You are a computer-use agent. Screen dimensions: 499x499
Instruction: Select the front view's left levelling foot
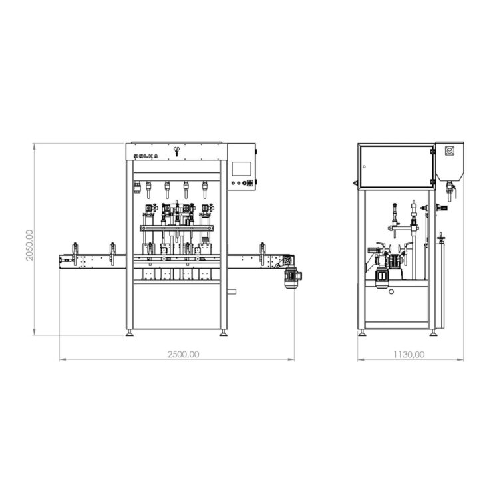[x=129, y=333]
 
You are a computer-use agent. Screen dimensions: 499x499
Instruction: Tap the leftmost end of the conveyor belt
[x=61, y=261]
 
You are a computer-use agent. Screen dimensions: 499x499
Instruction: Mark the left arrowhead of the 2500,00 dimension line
[x=62, y=360]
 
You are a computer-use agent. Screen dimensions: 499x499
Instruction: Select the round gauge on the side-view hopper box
[x=449, y=152]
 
